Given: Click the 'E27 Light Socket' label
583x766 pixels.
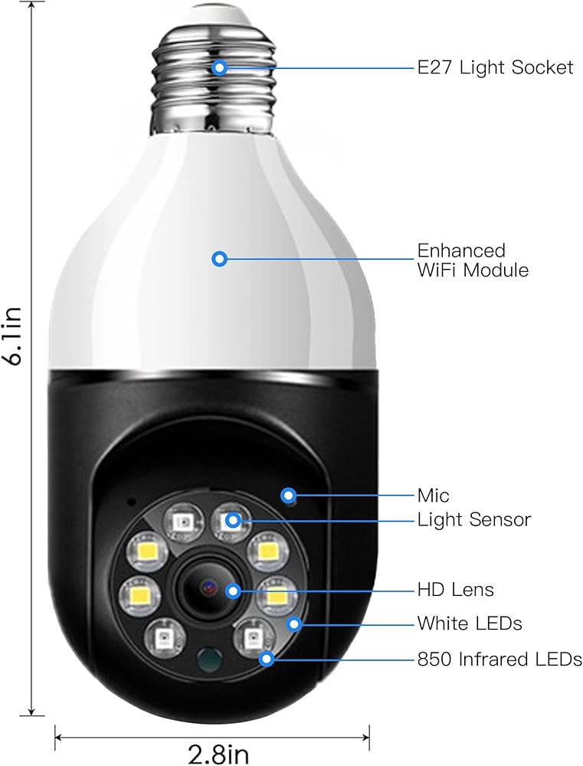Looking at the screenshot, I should coord(495,67).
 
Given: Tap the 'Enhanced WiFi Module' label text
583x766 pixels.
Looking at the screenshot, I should coord(472,260).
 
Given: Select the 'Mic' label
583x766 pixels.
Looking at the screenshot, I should coord(433,496).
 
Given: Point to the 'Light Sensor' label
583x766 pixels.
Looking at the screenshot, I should coord(473,520).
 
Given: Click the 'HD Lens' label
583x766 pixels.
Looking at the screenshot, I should coord(455,589).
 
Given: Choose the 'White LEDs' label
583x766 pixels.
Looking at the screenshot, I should coord(469,624).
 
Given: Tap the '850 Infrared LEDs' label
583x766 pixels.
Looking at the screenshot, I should coord(499,659).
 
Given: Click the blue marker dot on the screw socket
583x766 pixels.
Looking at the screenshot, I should coord(220,67).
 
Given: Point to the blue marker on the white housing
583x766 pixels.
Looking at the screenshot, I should coord(220,259).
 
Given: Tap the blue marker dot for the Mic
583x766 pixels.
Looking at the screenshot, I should coord(289,495).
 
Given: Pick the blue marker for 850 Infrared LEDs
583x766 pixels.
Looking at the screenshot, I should coord(267,658).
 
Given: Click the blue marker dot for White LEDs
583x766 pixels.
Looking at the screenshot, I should coord(293,624).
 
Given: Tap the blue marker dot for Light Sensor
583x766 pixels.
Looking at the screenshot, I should coord(234,521).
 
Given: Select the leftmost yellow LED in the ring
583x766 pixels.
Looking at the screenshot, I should coord(139,592).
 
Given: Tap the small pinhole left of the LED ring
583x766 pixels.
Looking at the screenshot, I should coord(131,503).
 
